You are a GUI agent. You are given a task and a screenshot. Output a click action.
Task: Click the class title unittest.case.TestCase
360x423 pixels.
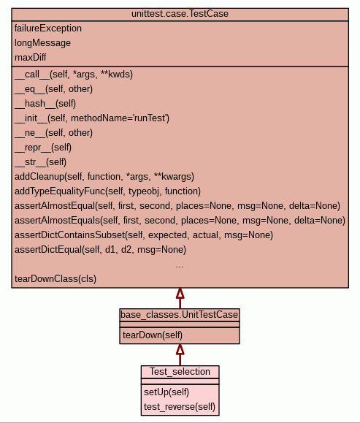180,14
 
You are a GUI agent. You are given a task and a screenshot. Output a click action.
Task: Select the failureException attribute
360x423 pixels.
48,28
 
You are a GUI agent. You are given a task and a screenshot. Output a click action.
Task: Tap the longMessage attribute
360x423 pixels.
42,43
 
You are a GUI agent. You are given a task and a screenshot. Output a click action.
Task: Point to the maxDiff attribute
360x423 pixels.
30,58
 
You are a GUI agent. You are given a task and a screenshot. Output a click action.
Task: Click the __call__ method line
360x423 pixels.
74,75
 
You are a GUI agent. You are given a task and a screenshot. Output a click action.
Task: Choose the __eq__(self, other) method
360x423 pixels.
53,88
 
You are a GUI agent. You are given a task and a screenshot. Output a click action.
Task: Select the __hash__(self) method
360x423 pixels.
45,103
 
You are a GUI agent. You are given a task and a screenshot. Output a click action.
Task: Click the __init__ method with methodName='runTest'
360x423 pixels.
92,118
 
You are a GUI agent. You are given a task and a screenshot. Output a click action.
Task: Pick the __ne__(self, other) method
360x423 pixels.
53,132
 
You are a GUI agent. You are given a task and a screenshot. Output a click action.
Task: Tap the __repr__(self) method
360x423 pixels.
43,148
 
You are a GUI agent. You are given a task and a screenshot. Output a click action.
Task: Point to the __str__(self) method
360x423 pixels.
40,162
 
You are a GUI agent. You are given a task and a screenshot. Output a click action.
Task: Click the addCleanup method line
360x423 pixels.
104,176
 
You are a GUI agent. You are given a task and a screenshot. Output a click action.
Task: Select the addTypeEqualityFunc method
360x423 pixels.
107,191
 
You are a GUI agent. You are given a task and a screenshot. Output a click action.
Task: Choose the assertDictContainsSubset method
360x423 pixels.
144,235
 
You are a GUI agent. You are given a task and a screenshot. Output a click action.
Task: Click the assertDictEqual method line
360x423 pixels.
100,249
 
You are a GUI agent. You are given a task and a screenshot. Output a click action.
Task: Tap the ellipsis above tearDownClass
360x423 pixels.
180,267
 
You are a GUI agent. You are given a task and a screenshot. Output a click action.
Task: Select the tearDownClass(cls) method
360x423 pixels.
55,278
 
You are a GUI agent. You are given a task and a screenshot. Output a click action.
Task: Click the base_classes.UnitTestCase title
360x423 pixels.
180,315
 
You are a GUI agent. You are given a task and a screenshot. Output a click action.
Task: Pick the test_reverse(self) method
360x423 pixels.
180,406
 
